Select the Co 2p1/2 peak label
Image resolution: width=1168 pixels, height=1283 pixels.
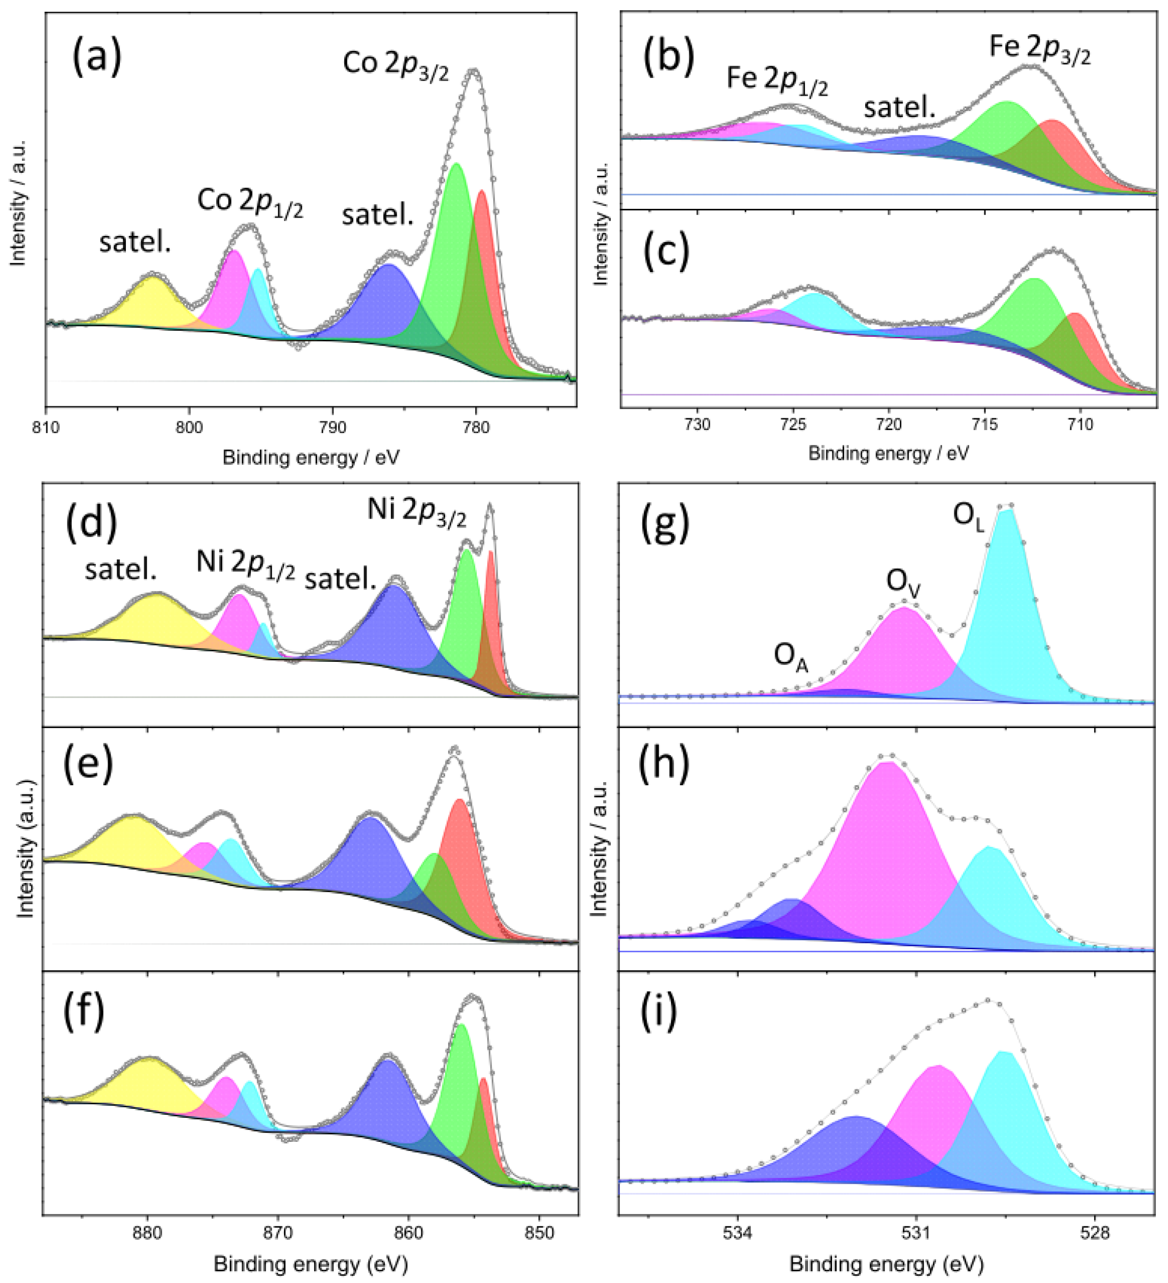tap(250, 202)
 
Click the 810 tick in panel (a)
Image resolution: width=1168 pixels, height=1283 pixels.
tap(45, 427)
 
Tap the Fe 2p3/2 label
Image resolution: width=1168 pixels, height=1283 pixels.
tap(1040, 49)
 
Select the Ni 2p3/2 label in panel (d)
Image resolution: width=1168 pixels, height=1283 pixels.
tap(417, 512)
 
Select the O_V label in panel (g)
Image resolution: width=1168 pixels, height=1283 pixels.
tap(903, 581)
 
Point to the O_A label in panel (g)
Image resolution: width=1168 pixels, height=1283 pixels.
tap(790, 655)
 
